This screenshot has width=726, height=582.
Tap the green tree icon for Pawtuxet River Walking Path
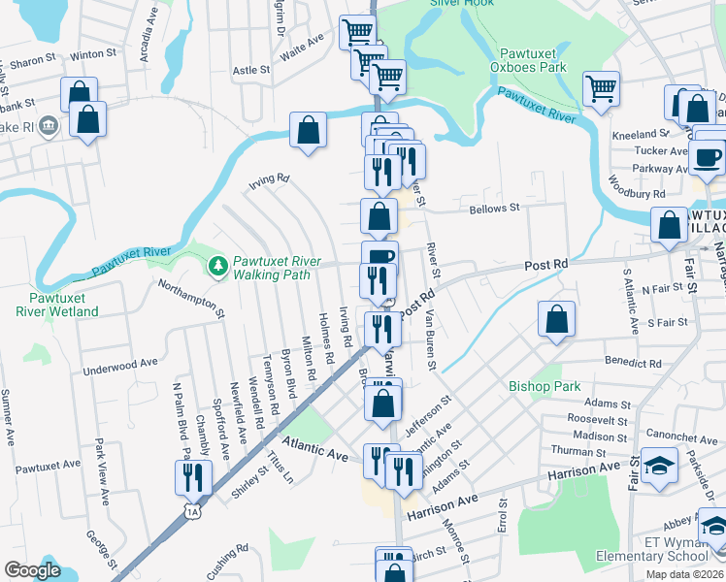coord(218,264)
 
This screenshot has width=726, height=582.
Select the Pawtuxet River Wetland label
coord(56,305)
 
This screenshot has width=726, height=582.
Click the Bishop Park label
coord(544,386)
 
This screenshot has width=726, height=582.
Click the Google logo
coord(32,570)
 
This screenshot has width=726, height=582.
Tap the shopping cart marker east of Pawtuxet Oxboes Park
coord(601,88)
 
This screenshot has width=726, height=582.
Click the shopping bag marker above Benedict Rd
coord(557,318)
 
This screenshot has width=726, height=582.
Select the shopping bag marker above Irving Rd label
coord(308,130)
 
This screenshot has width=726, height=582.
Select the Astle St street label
coord(251,70)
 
